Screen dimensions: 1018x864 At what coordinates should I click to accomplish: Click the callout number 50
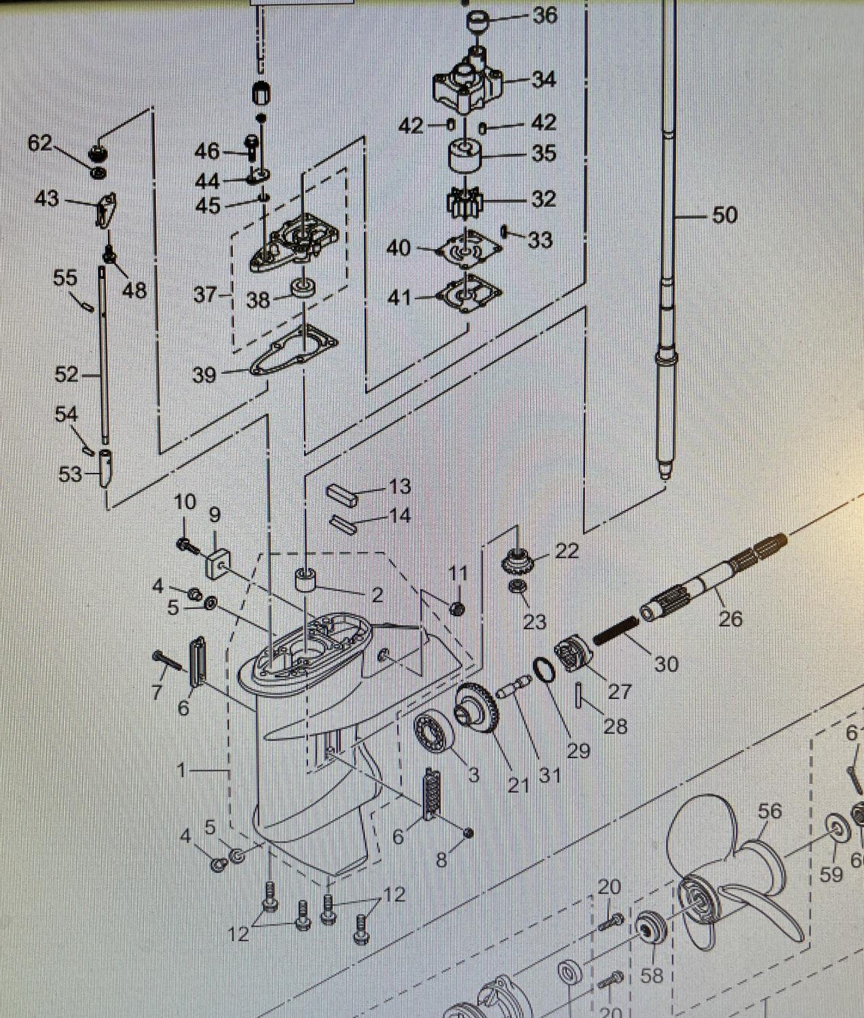(724, 215)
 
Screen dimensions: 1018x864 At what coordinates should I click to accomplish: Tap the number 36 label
(544, 15)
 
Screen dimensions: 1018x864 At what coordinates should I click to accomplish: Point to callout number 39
(204, 375)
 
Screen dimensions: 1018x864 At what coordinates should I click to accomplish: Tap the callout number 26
(730, 618)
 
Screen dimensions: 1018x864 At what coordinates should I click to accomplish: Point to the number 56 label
(770, 812)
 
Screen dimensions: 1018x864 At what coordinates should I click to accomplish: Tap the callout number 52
(66, 375)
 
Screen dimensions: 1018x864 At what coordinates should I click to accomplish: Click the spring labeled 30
(615, 629)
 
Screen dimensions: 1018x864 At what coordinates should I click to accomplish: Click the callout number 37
(204, 295)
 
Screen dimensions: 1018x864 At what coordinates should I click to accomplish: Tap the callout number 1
(181, 770)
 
